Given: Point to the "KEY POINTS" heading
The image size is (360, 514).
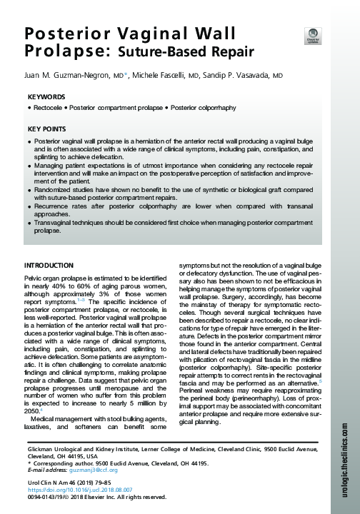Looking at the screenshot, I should (x=48, y=129).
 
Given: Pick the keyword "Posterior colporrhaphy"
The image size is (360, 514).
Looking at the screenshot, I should (x=200, y=108).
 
